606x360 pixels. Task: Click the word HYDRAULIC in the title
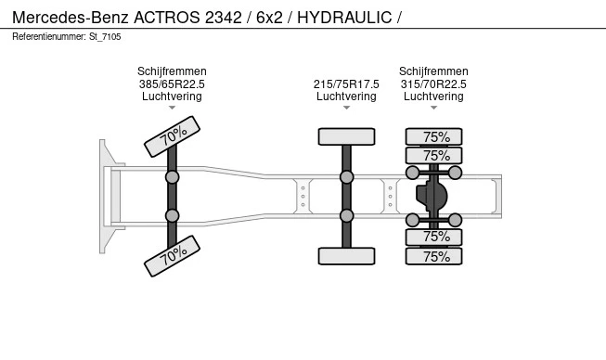[344, 18]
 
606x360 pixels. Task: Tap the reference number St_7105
[105, 37]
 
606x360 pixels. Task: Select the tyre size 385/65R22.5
[172, 84]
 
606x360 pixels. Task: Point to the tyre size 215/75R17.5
[346, 84]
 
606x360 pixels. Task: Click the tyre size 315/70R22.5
[433, 84]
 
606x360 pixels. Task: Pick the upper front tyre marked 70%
[172, 136]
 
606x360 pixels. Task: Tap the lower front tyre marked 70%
[172, 256]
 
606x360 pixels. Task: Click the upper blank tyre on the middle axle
[347, 136]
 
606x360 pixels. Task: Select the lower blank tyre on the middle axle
[347, 256]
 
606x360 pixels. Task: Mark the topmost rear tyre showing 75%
[433, 136]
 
